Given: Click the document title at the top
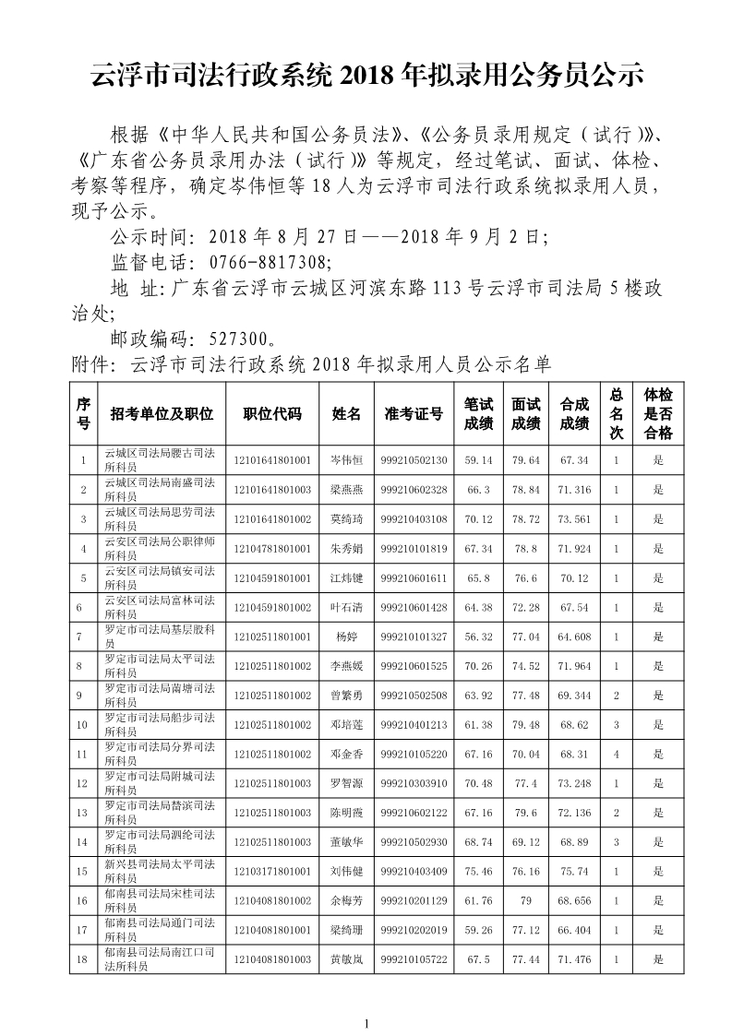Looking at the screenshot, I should point(366,76).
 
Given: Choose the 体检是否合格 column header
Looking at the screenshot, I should point(658,414).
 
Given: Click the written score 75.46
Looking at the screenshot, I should point(478,871).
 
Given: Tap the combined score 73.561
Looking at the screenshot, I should point(574,519).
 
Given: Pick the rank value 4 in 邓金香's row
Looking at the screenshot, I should point(616,754).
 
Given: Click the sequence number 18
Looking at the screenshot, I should point(84,959).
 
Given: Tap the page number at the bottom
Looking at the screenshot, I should point(366,1023).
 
